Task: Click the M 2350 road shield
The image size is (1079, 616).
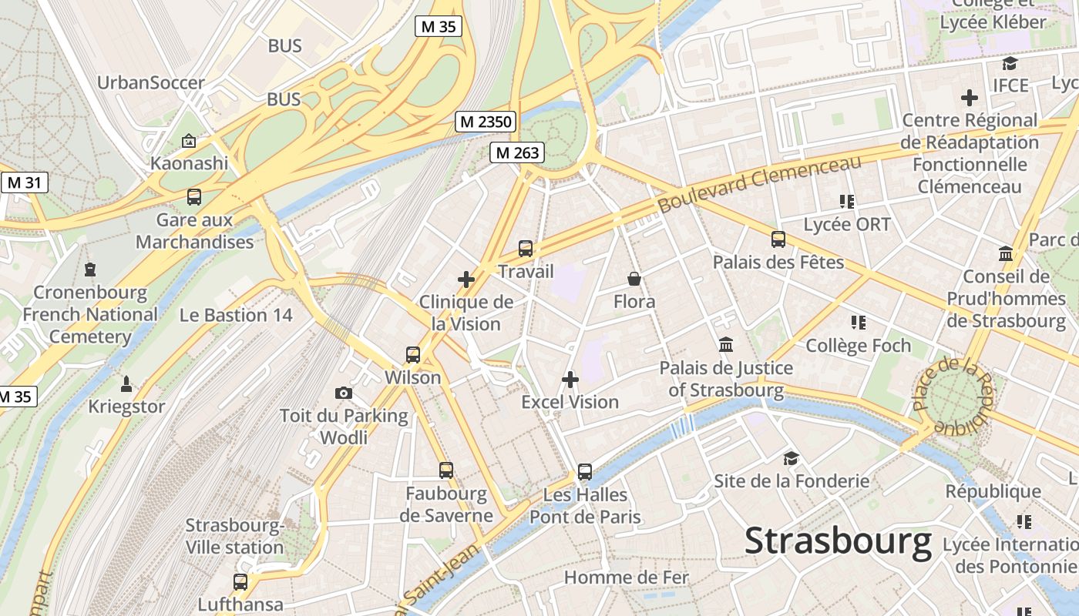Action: pyautogui.click(x=485, y=122)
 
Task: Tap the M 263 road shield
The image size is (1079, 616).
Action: pyautogui.click(x=516, y=152)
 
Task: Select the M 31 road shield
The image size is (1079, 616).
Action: pyautogui.click(x=24, y=182)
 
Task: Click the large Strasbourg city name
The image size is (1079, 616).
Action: pyautogui.click(x=838, y=541)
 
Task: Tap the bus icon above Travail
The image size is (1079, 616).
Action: pyautogui.click(x=526, y=248)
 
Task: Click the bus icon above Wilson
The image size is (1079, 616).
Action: pyautogui.click(x=413, y=355)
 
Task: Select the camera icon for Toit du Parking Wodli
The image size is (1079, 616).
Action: pyautogui.click(x=344, y=393)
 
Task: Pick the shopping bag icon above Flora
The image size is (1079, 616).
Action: pyautogui.click(x=634, y=278)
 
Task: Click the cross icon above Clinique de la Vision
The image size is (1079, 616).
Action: pyautogui.click(x=466, y=279)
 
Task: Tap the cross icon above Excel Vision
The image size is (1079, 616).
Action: pyautogui.click(x=570, y=379)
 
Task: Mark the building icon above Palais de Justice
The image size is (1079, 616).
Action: pyautogui.click(x=726, y=344)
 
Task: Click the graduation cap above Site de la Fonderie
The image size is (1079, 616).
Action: pyautogui.click(x=791, y=459)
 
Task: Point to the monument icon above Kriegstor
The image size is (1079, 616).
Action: pyautogui.click(x=126, y=383)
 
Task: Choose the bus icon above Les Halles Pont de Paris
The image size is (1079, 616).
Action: pyautogui.click(x=585, y=471)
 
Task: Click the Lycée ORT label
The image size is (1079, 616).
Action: pyautogui.click(x=846, y=225)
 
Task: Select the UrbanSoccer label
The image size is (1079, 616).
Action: pyautogui.click(x=151, y=82)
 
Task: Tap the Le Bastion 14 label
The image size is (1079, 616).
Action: pyautogui.click(x=236, y=315)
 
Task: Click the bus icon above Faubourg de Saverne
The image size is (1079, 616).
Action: pyautogui.click(x=445, y=470)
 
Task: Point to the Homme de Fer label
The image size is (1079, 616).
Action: pyautogui.click(x=627, y=577)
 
